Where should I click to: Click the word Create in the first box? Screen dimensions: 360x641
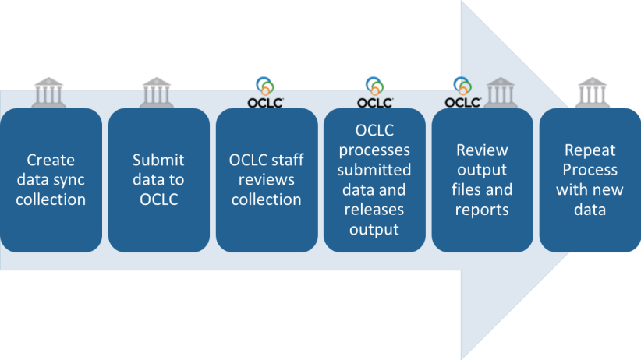coord(51,160)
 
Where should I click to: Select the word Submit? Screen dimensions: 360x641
coord(158,160)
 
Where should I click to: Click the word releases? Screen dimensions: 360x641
coord(374,210)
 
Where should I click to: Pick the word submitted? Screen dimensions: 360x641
coord(374,170)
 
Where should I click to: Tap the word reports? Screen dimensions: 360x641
coord(481,210)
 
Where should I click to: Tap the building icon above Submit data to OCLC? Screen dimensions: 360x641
coord(157,92)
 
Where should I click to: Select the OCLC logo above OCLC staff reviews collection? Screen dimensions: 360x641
coord(265,92)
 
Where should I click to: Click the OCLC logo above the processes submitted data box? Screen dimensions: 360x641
coord(374,92)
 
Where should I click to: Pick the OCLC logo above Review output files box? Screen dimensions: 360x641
coord(462,92)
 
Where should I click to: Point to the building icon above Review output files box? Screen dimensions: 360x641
coord(497,92)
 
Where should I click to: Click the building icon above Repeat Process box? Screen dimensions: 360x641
coord(592,92)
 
